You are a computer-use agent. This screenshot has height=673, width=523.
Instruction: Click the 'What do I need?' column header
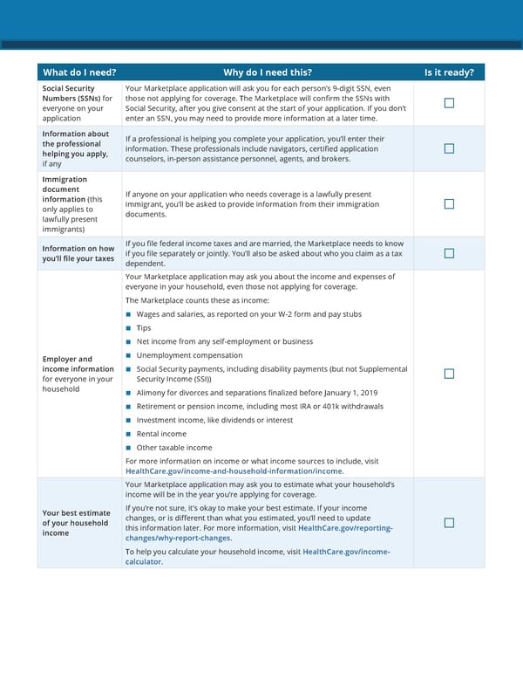tap(79, 72)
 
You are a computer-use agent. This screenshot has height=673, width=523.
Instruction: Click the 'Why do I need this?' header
tap(268, 72)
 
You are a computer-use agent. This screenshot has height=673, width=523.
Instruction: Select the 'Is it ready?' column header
tap(449, 72)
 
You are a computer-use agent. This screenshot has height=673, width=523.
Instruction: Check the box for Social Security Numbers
tap(449, 103)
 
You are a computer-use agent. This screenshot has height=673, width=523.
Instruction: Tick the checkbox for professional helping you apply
tap(449, 148)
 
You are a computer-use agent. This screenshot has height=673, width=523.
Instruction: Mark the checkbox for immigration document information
tap(449, 204)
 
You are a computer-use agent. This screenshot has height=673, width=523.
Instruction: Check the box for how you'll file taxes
tap(449, 253)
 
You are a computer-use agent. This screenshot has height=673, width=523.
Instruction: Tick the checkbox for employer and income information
tap(449, 374)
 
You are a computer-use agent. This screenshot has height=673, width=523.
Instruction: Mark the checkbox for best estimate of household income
tap(449, 522)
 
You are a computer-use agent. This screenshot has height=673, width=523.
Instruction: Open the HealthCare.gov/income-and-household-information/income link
tap(234, 471)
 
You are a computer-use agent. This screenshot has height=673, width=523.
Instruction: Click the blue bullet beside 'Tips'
tap(128, 328)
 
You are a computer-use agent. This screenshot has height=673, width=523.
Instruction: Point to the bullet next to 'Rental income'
tap(128, 434)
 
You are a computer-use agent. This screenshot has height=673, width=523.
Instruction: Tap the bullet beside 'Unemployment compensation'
tap(128, 355)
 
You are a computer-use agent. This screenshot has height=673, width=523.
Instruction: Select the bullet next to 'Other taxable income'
tap(128, 448)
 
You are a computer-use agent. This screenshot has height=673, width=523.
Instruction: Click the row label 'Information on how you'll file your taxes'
tap(78, 253)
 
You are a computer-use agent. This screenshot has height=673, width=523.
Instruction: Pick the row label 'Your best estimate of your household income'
tap(76, 523)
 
